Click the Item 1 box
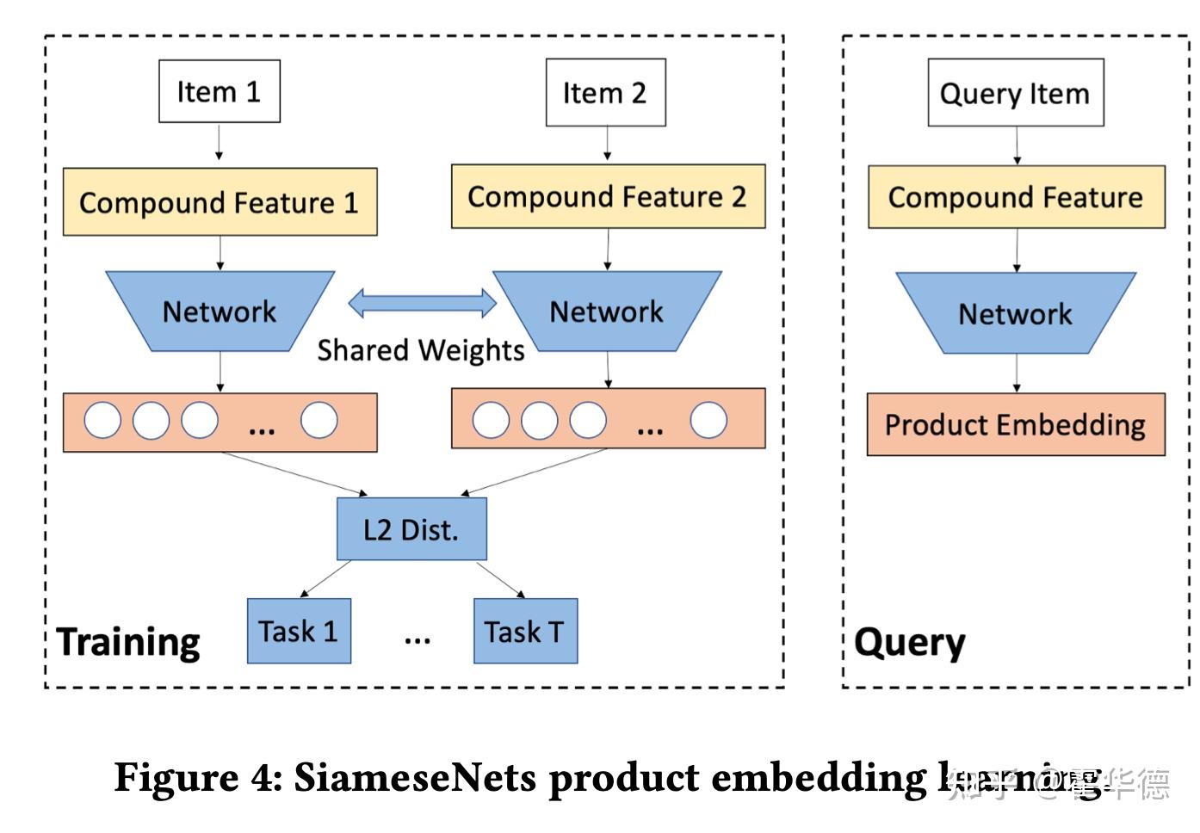pos(219,91)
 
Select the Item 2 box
pos(605,93)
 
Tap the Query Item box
pos(1015,93)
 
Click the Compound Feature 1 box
pos(220,202)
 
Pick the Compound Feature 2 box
pos(608,197)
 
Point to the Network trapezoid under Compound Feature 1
pos(220,312)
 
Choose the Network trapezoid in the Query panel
pos(1016,313)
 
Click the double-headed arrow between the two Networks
pos(422,303)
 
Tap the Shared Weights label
pos(420,351)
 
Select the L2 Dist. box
pos(411,529)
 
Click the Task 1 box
pos(299,632)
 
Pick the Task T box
pos(525,632)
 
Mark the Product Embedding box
pos(1016,425)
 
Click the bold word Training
pos(128,643)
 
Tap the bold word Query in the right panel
pos(910,643)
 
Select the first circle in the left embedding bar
pos(102,421)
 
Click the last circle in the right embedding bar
pos(708,421)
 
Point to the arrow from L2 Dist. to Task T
pos(499,579)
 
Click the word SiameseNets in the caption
pos(416,778)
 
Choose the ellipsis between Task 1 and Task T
pos(418,639)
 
